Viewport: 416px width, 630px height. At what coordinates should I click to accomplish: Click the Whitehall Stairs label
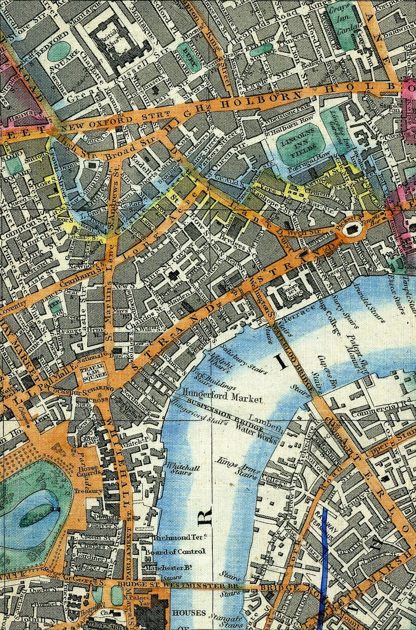click(x=178, y=470)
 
